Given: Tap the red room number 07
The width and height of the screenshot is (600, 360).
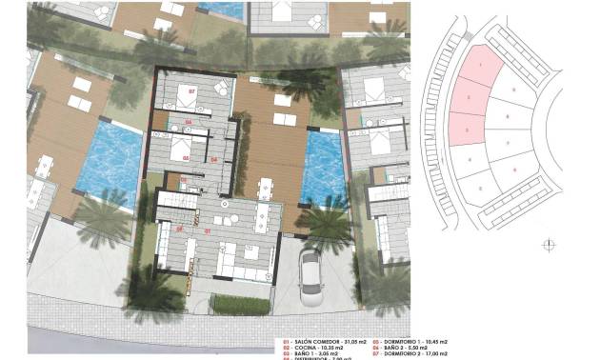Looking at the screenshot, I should pos(191,92).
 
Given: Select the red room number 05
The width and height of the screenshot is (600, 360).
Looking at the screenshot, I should pos(187,156).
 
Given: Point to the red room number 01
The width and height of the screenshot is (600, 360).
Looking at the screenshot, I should pos(208,229).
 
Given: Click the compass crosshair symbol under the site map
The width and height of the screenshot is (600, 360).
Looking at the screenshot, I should pos(548,246).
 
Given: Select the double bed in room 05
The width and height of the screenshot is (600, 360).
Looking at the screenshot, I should pos(182,145).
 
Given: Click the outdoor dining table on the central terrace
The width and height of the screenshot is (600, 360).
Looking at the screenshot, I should pos(264,184).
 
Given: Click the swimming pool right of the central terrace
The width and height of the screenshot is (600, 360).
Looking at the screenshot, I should pos(321,168).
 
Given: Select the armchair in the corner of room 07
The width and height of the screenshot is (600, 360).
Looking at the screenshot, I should pos(221,88).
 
